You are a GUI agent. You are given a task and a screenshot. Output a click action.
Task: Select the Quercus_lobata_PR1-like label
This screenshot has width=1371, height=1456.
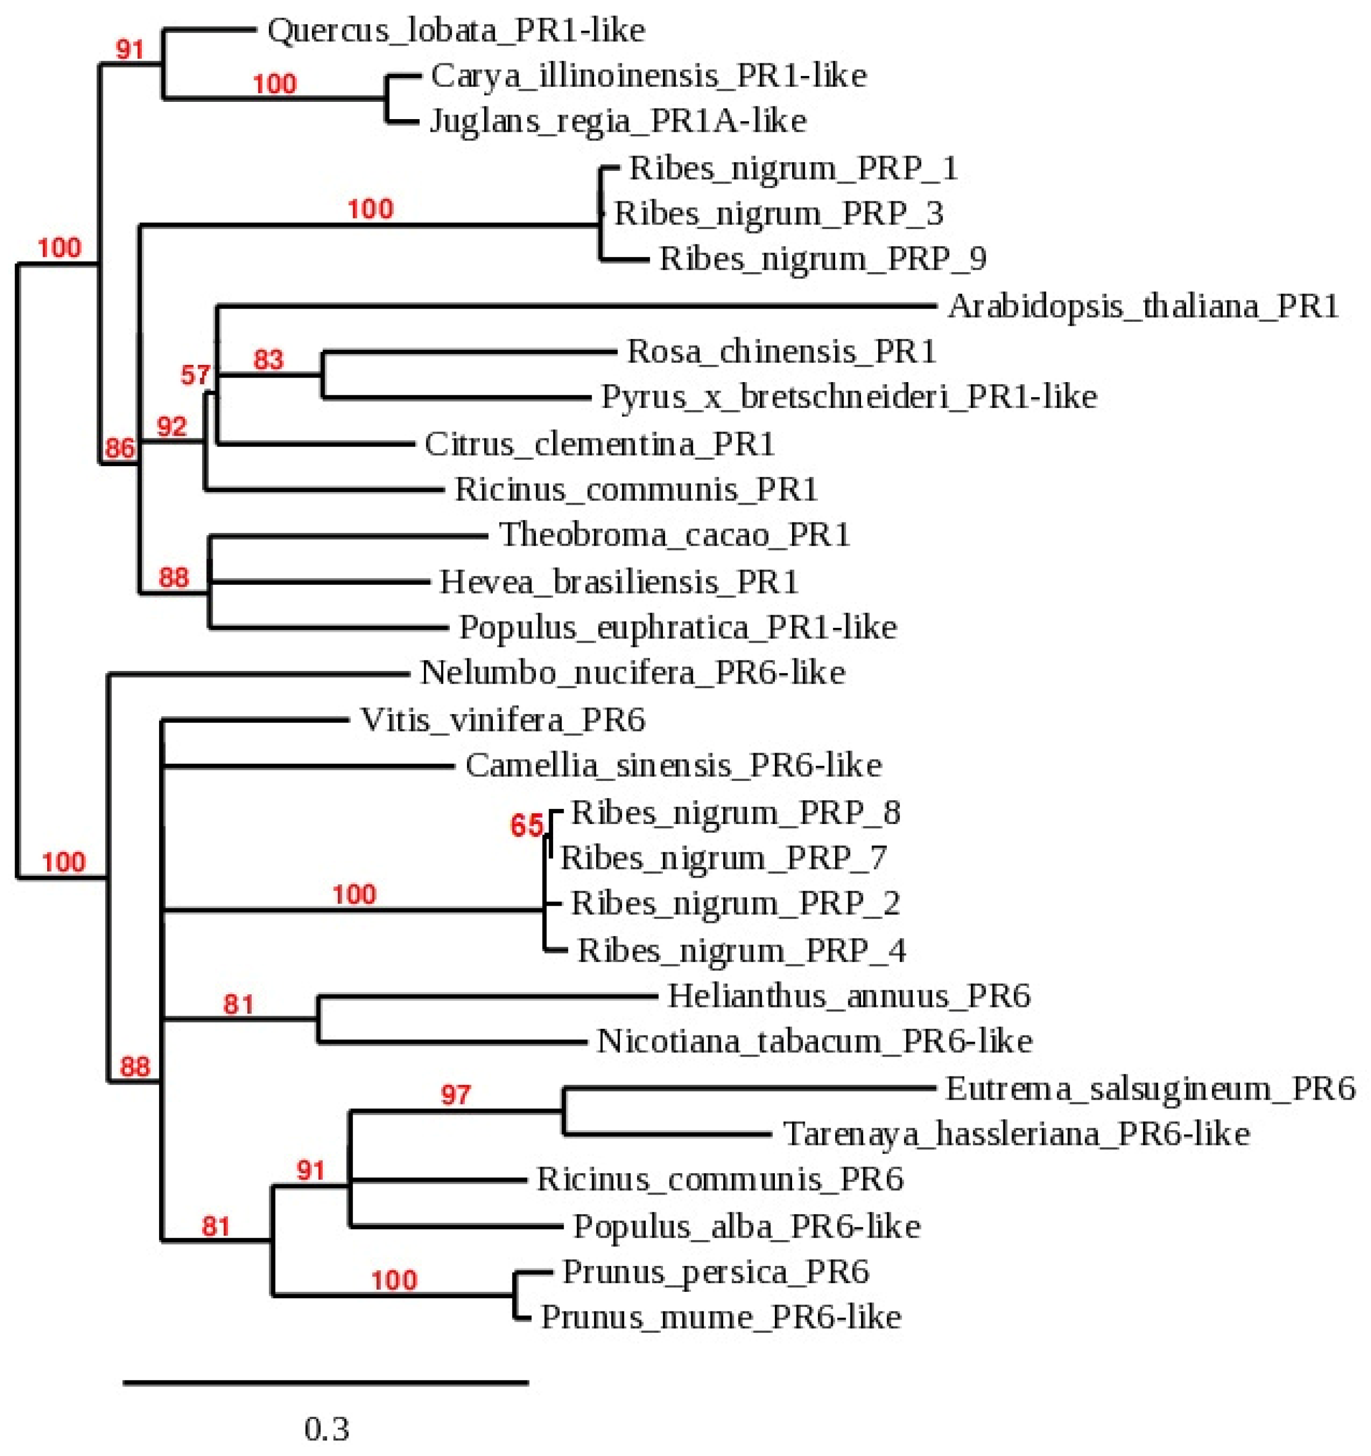click(x=455, y=31)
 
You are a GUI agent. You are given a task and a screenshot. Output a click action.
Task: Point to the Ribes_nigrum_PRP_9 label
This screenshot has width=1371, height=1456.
click(x=822, y=258)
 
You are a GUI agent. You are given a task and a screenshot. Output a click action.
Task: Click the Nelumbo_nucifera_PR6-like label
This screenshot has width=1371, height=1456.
click(x=633, y=673)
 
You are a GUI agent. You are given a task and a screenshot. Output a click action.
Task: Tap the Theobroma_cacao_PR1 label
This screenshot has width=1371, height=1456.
click(x=674, y=535)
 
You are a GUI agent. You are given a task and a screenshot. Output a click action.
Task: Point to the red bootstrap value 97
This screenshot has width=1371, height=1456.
click(x=455, y=1095)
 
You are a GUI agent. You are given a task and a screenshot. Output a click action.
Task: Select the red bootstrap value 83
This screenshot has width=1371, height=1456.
click(x=268, y=360)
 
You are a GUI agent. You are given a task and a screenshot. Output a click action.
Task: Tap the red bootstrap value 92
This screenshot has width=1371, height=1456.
click(x=172, y=426)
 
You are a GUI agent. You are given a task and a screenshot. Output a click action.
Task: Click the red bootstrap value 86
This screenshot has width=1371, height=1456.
click(x=120, y=447)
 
